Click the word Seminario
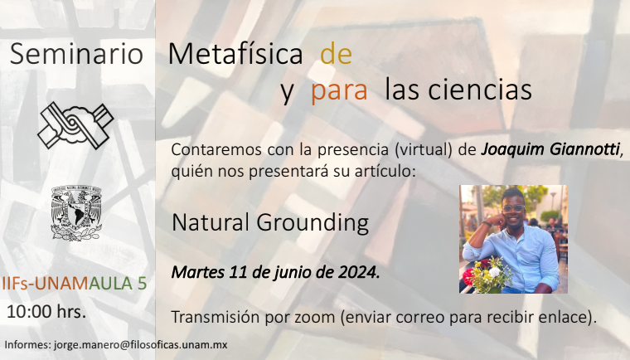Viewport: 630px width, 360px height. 76,53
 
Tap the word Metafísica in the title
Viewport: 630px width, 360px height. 235,53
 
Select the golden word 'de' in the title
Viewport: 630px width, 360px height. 337,53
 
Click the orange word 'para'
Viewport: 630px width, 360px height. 339,91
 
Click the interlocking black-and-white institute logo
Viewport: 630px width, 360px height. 75,125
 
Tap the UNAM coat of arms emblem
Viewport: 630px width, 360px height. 76,213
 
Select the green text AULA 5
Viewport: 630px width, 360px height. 118,284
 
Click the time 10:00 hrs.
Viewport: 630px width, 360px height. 46,312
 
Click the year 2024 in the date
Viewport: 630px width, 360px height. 357,272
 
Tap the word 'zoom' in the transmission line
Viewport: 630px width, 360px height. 315,318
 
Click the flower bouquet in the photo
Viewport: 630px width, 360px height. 487,275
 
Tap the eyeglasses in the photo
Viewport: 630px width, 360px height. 513,208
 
